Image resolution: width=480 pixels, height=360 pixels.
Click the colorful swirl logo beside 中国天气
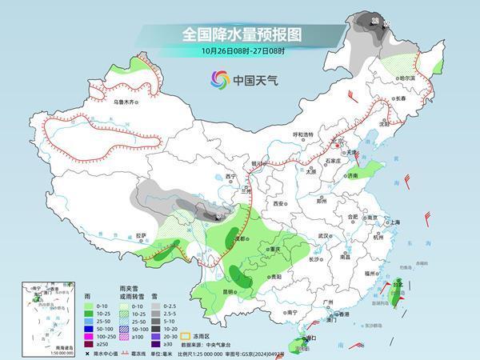(x=219, y=79)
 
